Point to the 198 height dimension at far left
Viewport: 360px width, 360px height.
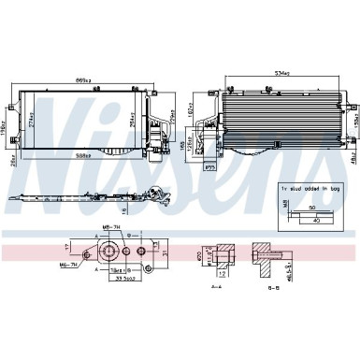[x=5, y=120]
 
